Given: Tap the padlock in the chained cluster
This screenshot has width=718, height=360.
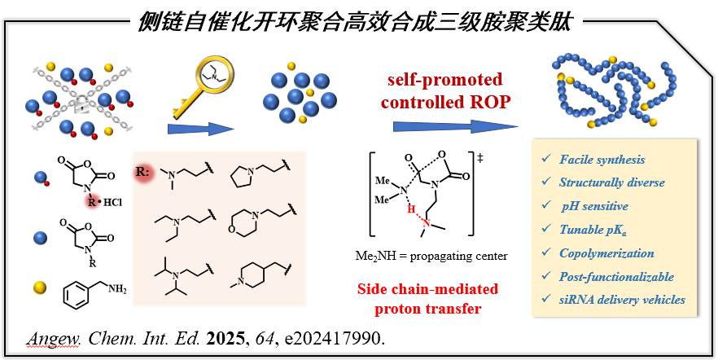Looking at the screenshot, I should coord(81,101).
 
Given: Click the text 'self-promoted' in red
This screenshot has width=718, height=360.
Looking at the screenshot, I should coord(444,81).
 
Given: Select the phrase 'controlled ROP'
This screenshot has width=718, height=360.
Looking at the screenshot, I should coord(444,103).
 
